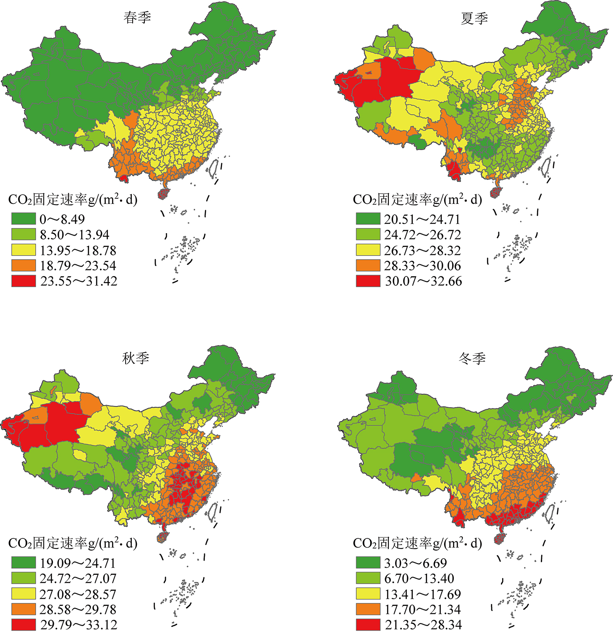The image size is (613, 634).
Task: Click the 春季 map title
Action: [137, 18]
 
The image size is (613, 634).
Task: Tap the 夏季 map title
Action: [474, 18]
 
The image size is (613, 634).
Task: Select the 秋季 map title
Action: [136, 358]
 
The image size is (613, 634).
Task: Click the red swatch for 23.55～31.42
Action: [24, 281]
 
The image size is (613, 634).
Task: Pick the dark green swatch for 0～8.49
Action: [24, 219]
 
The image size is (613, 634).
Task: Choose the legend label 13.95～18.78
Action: [78, 250]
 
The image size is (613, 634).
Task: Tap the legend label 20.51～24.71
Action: [422, 219]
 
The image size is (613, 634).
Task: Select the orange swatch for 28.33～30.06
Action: [368, 265]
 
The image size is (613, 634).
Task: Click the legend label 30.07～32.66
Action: [423, 281]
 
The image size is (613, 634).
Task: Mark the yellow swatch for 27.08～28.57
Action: [24, 594]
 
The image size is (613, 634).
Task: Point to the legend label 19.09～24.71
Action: [78, 563]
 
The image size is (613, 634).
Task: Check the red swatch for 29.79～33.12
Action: [24, 624]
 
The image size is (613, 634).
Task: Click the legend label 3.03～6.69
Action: [416, 563]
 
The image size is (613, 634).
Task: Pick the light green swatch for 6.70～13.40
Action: [368, 578]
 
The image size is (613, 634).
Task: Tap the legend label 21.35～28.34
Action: [423, 624]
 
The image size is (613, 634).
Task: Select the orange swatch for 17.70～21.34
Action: [368, 609]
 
